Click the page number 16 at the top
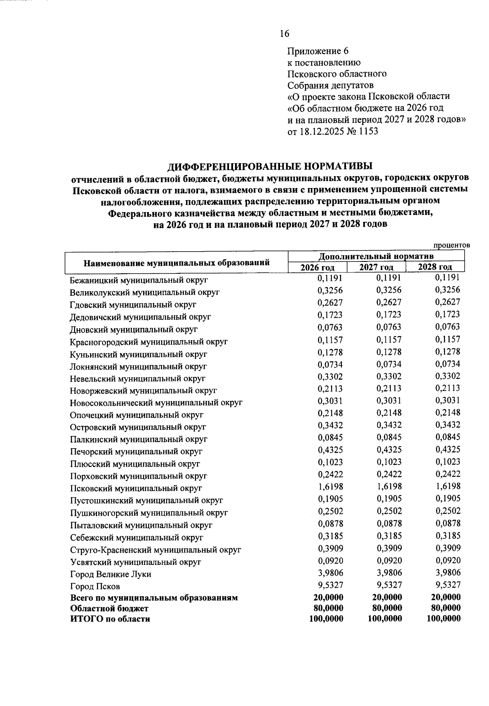tap(284, 33)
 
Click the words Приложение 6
tap(318, 51)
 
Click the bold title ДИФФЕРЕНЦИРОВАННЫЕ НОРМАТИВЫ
tap(270, 166)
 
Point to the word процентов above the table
tap(452, 245)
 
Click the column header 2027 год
tap(376, 267)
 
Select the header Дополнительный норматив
tap(376, 256)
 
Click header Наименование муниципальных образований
tap(176, 263)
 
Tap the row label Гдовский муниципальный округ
tap(133, 305)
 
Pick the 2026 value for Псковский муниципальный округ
tap(330, 486)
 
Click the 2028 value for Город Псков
tap(448, 584)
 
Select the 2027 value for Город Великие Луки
tap(389, 572)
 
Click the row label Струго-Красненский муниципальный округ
tap(155, 550)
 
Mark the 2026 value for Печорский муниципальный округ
tap(330, 449)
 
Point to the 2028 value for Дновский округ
tap(447, 327)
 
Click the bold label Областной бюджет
tap(109, 608)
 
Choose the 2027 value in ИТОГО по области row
tap(385, 618)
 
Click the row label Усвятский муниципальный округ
tap(135, 562)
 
